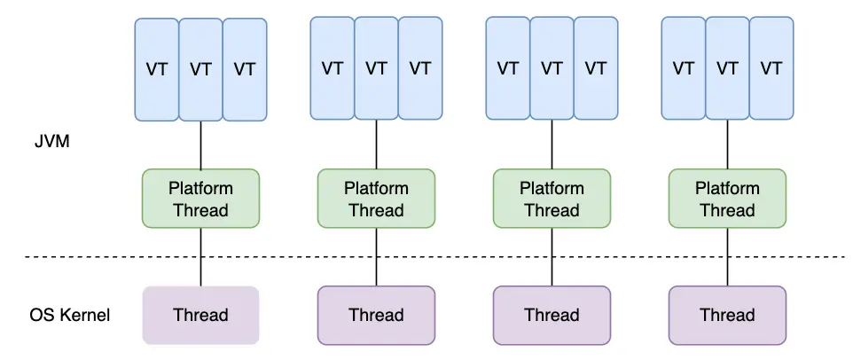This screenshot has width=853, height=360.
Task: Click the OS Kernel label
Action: click(x=69, y=315)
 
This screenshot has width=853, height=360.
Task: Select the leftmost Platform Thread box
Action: click(x=200, y=199)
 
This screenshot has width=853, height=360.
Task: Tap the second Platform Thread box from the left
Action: click(x=376, y=199)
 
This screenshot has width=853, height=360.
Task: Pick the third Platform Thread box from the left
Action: click(x=552, y=199)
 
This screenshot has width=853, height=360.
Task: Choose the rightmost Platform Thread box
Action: click(x=727, y=199)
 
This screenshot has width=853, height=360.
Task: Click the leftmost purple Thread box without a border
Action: click(x=200, y=315)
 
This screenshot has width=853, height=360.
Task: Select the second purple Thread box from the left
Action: click(x=376, y=315)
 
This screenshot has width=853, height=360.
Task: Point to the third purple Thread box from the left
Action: click(x=552, y=315)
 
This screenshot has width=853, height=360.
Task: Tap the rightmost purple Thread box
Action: click(x=727, y=315)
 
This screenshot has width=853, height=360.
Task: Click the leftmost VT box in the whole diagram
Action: click(x=157, y=69)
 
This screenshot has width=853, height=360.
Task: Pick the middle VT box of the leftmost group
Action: click(x=200, y=69)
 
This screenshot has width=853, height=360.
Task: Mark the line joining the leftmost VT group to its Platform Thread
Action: click(x=200, y=145)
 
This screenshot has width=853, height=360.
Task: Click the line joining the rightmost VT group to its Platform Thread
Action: click(x=727, y=144)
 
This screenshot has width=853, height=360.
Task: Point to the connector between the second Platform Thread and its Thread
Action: click(x=376, y=257)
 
